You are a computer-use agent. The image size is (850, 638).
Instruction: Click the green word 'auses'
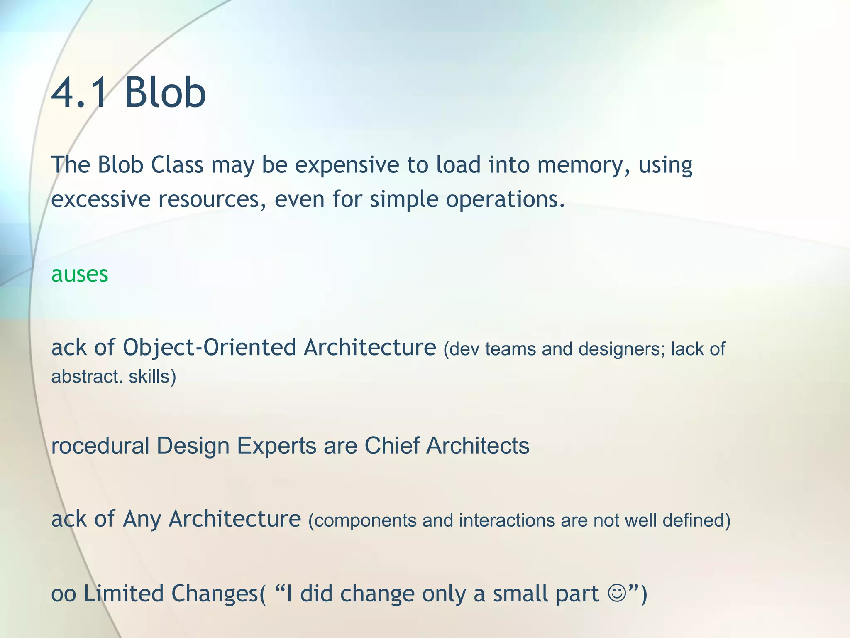pyautogui.click(x=80, y=275)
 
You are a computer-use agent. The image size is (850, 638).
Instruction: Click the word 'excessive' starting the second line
pyautogui.click(x=100, y=199)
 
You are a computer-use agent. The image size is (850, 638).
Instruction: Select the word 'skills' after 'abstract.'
pyautogui.click(x=152, y=377)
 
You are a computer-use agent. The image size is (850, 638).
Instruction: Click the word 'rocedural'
pyautogui.click(x=100, y=446)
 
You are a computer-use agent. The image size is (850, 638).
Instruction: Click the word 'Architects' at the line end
pyautogui.click(x=478, y=446)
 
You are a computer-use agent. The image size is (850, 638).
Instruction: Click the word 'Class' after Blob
pyautogui.click(x=177, y=165)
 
